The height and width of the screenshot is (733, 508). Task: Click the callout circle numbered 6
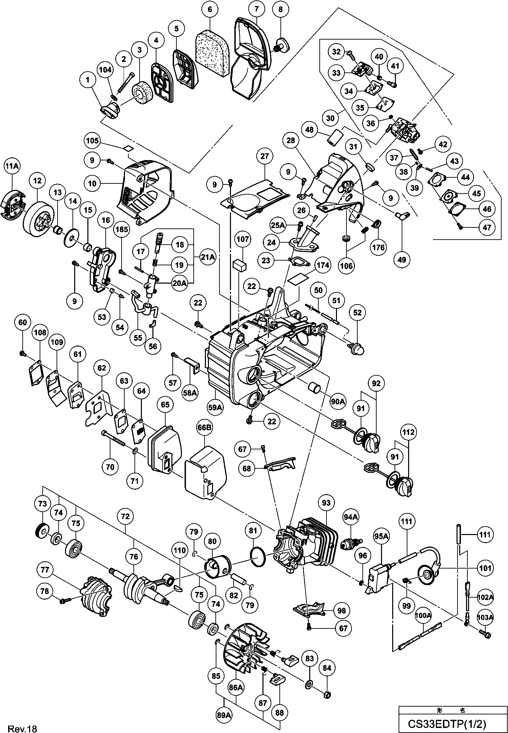[210, 9]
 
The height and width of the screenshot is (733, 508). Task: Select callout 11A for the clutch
[12, 166]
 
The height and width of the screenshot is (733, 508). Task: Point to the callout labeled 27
[264, 156]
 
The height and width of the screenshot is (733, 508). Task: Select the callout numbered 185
[122, 229]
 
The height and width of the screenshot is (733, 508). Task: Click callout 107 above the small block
[243, 240]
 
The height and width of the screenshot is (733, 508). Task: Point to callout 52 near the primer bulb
[357, 313]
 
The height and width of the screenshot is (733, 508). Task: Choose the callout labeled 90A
[338, 402]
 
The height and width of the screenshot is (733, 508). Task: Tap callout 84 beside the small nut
[327, 668]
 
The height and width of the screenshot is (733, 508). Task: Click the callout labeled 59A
[215, 408]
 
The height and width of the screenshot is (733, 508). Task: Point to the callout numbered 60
[22, 323]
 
